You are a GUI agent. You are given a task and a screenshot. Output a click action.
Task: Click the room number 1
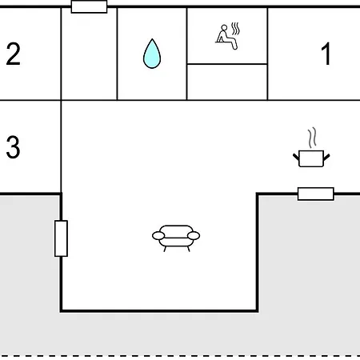(326, 54)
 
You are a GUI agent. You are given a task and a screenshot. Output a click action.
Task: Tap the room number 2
(13, 54)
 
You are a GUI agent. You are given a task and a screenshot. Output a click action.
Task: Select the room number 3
(13, 146)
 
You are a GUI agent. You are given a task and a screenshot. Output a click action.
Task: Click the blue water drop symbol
(152, 54)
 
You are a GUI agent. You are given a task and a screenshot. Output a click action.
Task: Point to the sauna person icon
(227, 36)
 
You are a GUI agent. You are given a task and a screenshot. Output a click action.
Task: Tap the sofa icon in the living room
(176, 238)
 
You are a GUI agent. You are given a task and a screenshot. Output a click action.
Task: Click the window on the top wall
(89, 6)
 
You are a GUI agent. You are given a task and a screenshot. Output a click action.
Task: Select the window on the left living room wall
(61, 238)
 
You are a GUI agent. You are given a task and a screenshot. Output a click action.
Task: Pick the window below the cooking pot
(316, 194)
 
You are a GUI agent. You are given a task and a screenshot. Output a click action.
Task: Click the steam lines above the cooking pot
(312, 138)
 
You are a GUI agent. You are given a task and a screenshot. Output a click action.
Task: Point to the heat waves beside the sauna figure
(235, 29)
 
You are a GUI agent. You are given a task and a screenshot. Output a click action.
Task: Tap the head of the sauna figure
(224, 28)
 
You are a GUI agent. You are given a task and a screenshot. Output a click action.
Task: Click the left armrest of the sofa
(158, 236)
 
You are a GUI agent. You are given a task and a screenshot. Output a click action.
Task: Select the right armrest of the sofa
(194, 236)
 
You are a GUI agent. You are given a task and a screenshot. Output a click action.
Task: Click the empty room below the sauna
(227, 82)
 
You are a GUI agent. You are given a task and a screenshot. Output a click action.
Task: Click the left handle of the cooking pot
(296, 157)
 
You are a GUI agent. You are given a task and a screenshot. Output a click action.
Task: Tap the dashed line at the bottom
(180, 356)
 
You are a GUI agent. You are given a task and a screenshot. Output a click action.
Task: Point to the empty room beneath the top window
(89, 54)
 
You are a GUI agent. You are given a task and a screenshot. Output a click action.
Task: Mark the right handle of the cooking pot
(326, 157)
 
